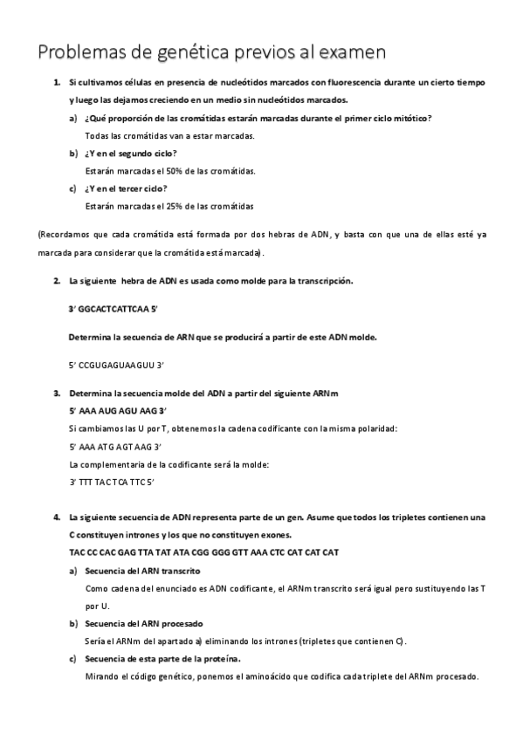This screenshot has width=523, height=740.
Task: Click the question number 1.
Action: [x=56, y=82]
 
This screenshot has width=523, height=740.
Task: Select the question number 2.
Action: [x=56, y=281]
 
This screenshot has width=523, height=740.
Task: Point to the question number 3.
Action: [x=56, y=394]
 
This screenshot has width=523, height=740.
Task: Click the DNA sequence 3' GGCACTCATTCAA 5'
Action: [x=113, y=309]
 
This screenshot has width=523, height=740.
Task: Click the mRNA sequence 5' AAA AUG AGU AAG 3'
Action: [x=117, y=410]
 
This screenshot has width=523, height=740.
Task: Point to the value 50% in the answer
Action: [x=161, y=171]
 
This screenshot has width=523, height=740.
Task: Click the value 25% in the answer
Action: [x=161, y=207]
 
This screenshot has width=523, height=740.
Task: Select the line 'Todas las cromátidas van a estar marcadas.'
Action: [x=170, y=136]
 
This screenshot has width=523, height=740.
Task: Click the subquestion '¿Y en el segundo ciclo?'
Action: [x=131, y=154]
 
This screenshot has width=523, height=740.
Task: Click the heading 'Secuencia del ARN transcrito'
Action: [x=143, y=571]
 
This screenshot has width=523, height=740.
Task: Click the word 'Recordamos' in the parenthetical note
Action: [x=65, y=236]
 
